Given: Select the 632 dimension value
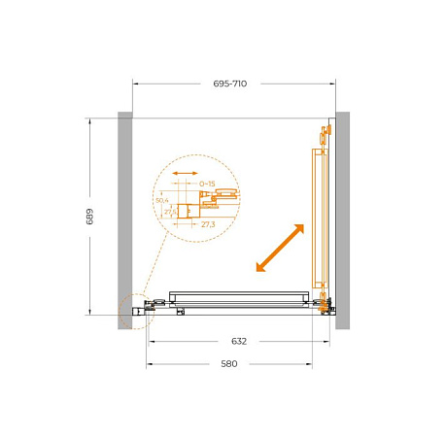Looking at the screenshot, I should pos(239,341).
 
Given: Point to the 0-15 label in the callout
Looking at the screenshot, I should pos(206,183).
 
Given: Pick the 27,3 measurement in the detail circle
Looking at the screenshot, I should pos(207,224).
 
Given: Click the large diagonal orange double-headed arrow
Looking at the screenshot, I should pos(280,249).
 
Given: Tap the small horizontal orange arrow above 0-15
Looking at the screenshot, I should pos(182,178).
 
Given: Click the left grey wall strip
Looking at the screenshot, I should pos(125,219).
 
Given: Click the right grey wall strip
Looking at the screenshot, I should pos(342,219).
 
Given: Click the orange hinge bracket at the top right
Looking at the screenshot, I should pos(324,133).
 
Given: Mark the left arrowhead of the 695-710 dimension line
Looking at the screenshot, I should pos(135,84).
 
